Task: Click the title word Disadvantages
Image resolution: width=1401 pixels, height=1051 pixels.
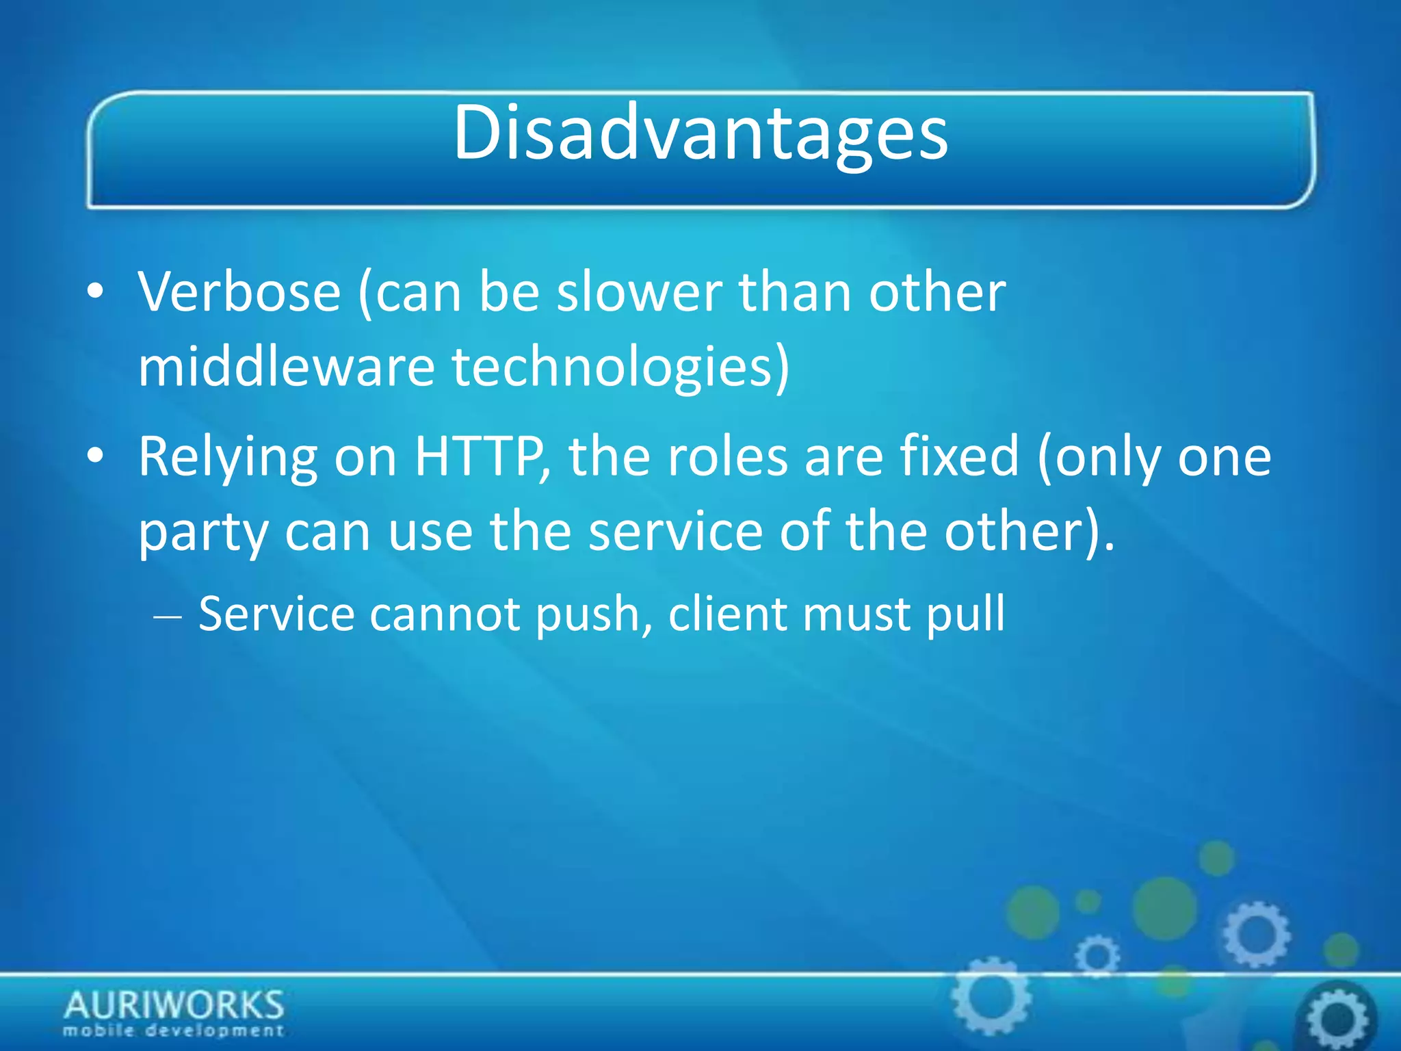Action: click(700, 133)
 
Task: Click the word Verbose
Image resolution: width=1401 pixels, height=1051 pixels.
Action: click(239, 293)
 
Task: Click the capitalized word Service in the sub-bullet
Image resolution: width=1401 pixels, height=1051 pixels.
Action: click(276, 614)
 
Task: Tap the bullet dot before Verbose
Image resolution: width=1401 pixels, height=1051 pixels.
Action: click(96, 292)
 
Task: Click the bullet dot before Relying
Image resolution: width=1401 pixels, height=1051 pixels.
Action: click(96, 456)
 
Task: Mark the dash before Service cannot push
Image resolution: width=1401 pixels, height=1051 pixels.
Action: click(168, 616)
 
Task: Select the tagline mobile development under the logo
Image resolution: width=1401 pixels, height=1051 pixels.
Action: click(174, 1030)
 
